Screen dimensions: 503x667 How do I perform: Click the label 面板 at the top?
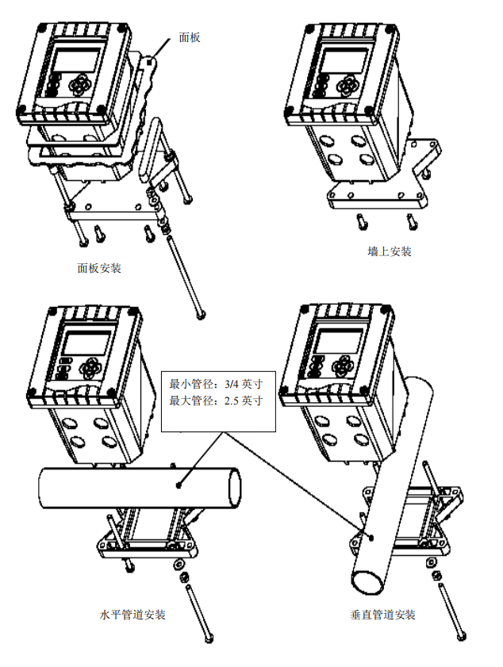[x=190, y=38]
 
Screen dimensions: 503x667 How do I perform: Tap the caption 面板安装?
[x=99, y=268]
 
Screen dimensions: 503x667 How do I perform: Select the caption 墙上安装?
[x=390, y=251]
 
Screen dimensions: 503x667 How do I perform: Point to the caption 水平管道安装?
[x=132, y=615]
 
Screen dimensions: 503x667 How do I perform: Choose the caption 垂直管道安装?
[x=382, y=615]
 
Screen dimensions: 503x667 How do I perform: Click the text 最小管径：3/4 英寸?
[x=216, y=384]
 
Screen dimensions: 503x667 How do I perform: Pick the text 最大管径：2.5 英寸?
[x=216, y=401]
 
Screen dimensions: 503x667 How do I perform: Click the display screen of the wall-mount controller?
[x=343, y=61]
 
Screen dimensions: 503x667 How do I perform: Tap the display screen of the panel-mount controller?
[x=77, y=62]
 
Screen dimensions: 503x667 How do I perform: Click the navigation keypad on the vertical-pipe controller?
[x=343, y=366]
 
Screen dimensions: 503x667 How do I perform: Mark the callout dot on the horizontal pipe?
[x=179, y=485]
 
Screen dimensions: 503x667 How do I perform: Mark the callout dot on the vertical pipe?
[x=371, y=538]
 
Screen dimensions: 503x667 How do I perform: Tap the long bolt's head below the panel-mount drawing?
[x=201, y=315]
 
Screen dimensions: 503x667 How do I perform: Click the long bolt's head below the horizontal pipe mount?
[x=208, y=638]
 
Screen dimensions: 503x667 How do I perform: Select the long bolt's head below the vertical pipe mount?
[x=461, y=637]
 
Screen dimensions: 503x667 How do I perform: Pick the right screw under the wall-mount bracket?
[x=412, y=220]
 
